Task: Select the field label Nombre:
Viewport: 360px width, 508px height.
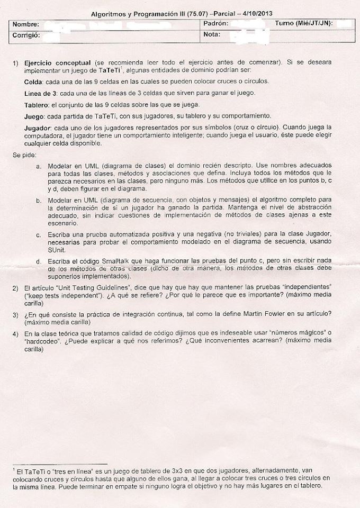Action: pos(26,25)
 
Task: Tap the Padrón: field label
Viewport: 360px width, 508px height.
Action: pos(215,24)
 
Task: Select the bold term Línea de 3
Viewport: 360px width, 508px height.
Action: pos(41,93)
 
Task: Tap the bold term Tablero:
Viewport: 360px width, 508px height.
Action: pos(38,104)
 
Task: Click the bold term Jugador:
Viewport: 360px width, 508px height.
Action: pos(38,128)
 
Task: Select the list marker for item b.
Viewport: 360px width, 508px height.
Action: pos(39,201)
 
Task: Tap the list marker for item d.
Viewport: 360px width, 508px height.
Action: pos(39,261)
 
